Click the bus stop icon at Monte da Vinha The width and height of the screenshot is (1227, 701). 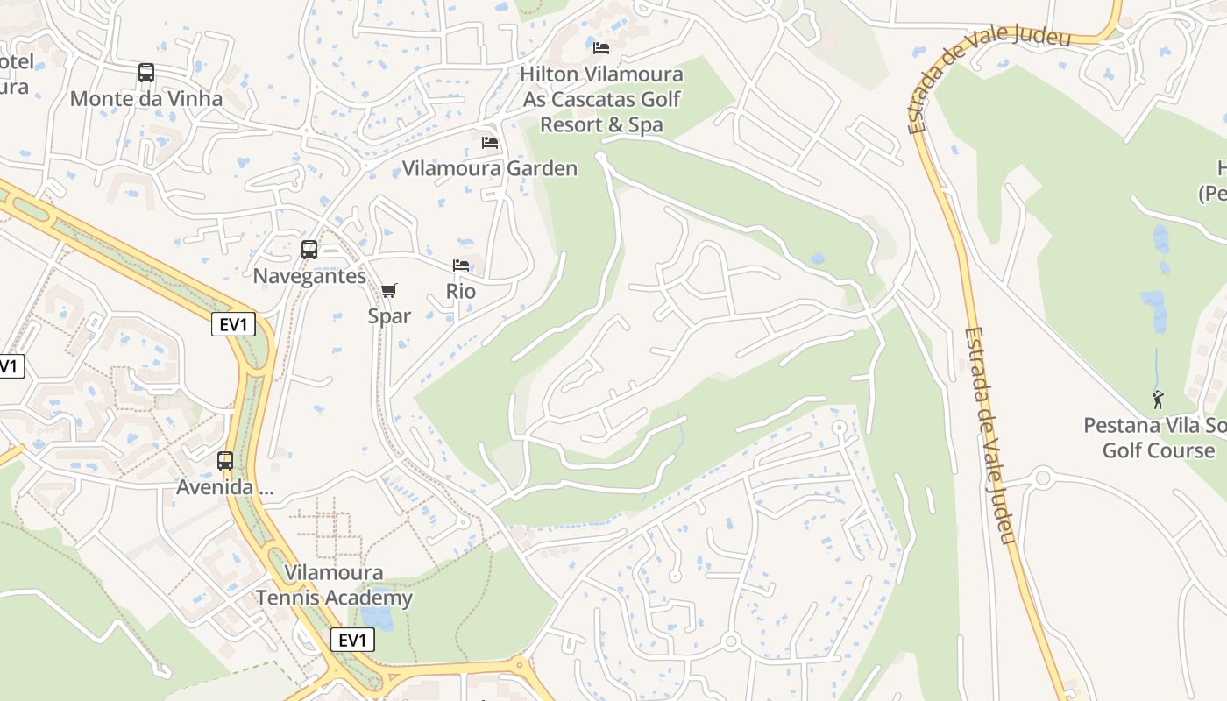point(146,73)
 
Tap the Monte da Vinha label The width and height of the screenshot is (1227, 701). point(146,98)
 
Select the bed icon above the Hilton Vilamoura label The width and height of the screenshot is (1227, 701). point(601,47)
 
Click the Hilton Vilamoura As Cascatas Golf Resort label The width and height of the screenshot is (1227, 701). point(601,100)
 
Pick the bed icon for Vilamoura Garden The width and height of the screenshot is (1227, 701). point(490,142)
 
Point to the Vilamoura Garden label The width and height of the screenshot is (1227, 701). point(490,168)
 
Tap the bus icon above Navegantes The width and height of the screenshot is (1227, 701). point(309,250)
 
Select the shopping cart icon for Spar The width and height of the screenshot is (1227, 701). point(389,290)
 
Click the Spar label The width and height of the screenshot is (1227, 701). point(389,315)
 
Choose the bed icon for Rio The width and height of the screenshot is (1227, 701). point(461,265)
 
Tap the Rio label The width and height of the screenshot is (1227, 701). point(461,291)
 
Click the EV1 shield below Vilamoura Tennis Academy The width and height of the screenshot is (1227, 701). point(352,641)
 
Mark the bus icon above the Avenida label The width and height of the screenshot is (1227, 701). point(225,461)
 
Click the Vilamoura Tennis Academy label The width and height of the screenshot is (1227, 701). point(334,585)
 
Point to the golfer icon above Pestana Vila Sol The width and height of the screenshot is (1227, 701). point(1158,400)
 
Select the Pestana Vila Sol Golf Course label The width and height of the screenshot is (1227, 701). point(1154,438)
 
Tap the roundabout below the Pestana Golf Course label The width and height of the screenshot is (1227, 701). point(1042,478)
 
